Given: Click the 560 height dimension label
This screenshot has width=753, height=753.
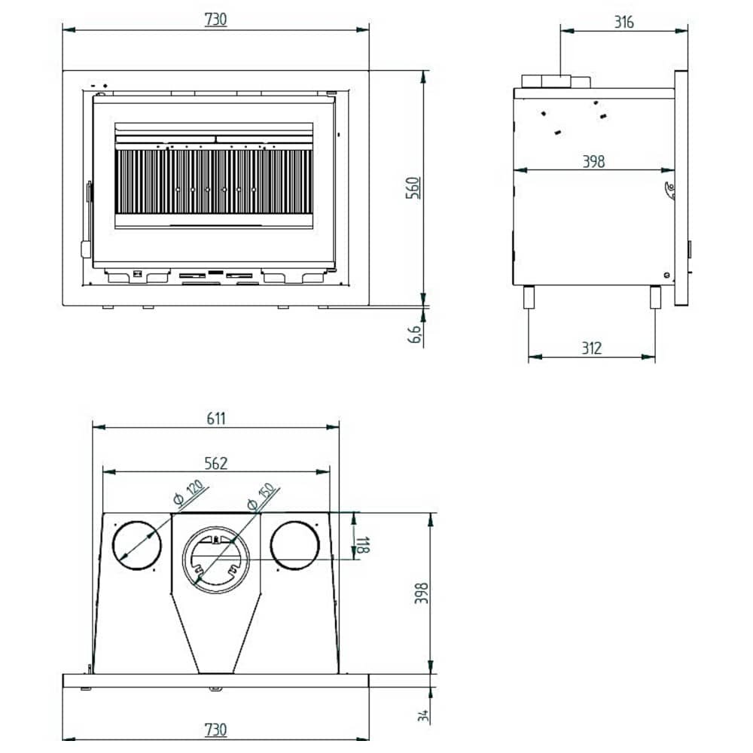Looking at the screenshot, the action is tap(413, 187).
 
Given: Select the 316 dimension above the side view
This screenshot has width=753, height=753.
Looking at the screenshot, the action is tap(623, 22).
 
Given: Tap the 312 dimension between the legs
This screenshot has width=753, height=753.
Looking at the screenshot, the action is tap(592, 348).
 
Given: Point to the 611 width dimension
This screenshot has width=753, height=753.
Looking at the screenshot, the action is tap(216, 418).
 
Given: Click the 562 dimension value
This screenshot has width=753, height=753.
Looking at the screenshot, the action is tap(215, 463).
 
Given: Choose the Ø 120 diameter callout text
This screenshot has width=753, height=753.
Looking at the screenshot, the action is tap(189, 492).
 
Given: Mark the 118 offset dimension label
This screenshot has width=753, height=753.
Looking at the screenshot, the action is tap(363, 545).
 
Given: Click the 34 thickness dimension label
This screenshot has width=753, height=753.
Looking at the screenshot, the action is tap(423, 715).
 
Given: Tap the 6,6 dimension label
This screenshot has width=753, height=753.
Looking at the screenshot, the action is tap(414, 334).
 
